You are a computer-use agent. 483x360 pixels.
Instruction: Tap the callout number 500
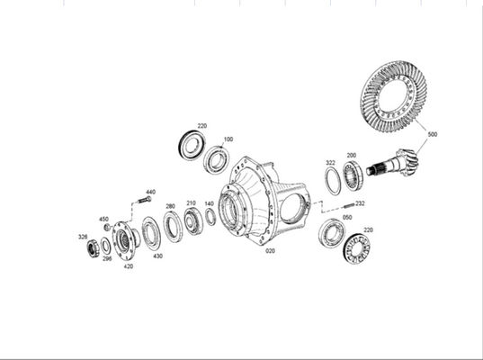(x=433, y=134)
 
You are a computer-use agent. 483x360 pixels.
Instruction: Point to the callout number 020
(x=270, y=251)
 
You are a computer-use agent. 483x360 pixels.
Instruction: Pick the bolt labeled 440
(x=144, y=202)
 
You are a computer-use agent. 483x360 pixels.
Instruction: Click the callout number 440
(x=150, y=192)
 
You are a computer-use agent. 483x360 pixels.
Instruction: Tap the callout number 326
(x=83, y=237)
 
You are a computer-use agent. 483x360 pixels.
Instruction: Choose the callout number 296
(x=106, y=259)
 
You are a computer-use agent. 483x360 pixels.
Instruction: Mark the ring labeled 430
(x=150, y=233)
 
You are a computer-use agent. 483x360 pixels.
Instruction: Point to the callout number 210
(x=191, y=203)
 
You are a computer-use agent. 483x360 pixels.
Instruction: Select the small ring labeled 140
(x=210, y=217)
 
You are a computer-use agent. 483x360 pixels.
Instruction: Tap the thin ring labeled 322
(x=333, y=180)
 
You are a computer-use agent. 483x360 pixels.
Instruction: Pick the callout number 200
(x=351, y=155)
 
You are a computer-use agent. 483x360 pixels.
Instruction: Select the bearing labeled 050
(x=332, y=234)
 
